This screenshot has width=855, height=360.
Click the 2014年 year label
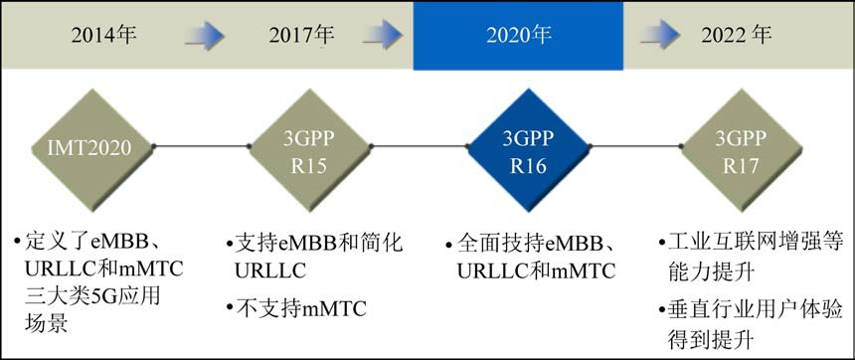(103, 35)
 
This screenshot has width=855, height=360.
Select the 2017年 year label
(301, 35)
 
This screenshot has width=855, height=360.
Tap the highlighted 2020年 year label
(519, 35)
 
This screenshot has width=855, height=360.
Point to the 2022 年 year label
(736, 35)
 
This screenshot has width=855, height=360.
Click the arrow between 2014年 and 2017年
(205, 36)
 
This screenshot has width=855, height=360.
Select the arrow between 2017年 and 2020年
(382, 36)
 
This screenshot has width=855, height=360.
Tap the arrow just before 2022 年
(660, 36)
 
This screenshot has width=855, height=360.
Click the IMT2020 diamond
(91, 149)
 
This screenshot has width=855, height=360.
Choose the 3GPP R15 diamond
(308, 149)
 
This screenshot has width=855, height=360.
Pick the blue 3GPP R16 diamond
(528, 149)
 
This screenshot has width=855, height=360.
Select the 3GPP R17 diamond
(742, 149)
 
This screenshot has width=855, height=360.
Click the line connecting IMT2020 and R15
(201, 146)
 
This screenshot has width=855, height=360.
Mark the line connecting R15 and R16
(419, 146)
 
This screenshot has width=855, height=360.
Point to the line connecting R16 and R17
(636, 146)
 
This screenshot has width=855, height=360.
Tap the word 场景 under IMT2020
(46, 323)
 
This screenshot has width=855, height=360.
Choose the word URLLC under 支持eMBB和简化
(270, 270)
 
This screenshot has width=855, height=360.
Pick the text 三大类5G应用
(92, 296)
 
